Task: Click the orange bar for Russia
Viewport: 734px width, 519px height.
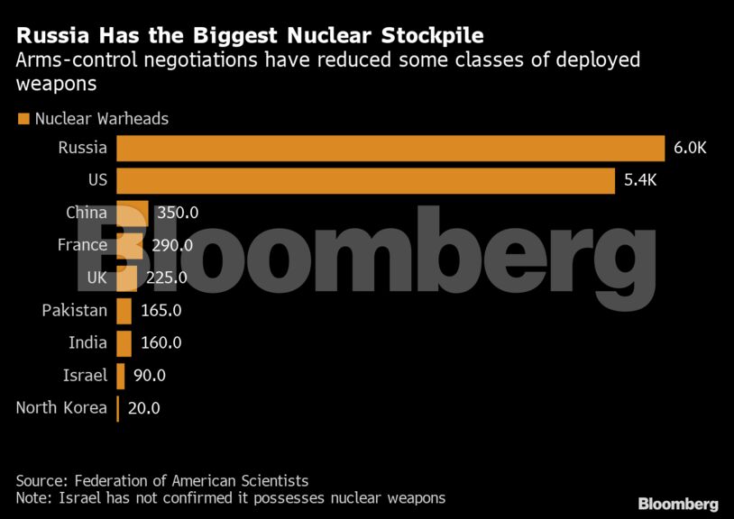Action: tap(390, 148)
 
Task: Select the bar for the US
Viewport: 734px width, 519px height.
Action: tap(365, 180)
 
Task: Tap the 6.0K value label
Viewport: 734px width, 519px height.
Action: tap(690, 148)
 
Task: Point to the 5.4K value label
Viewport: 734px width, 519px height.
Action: tap(641, 180)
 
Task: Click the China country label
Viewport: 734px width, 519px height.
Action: tap(87, 213)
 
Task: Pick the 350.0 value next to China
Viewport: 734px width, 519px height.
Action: tap(178, 214)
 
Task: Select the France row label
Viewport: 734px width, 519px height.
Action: tap(82, 245)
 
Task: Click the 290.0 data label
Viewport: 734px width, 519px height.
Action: tap(172, 245)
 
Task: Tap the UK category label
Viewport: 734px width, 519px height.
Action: tap(96, 278)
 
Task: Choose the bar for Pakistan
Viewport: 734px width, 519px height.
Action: tap(124, 311)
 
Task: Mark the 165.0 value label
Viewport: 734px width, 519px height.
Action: tap(162, 311)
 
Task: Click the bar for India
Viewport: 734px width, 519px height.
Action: tap(124, 343)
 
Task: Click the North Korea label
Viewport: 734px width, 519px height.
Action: tap(61, 407)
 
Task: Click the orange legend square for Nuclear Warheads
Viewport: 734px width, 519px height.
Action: tap(23, 119)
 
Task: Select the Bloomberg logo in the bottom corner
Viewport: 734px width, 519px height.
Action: tap(678, 504)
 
